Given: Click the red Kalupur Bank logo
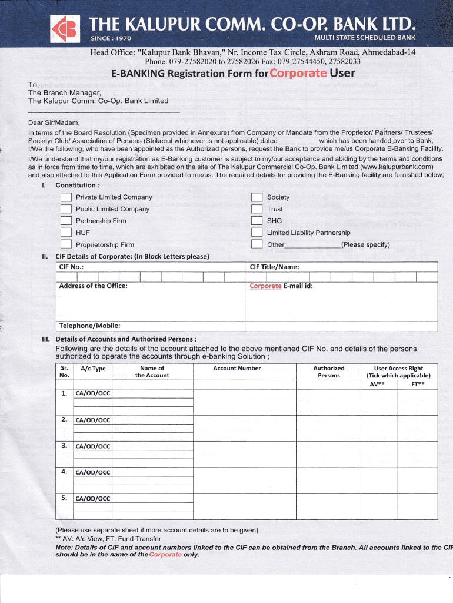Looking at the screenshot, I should [x=64, y=29].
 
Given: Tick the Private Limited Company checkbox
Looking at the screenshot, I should [x=66, y=197].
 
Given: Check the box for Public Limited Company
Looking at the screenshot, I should [x=66, y=209].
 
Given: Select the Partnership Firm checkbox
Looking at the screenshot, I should [x=66, y=221].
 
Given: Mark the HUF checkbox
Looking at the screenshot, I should [x=66, y=233].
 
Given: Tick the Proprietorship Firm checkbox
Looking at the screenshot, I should [x=66, y=245].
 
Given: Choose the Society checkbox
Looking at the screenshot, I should [x=257, y=197].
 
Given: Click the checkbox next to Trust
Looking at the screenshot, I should [x=257, y=209].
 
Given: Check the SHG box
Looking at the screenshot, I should [x=257, y=221].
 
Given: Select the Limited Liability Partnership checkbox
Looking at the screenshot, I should [x=257, y=233].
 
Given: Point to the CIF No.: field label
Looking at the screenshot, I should [x=71, y=267].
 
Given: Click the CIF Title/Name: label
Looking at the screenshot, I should [x=274, y=267].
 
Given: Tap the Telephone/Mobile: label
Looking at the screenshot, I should [x=89, y=326].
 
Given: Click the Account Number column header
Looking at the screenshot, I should [x=237, y=369].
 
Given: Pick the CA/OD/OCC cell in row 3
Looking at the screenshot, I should [x=93, y=446].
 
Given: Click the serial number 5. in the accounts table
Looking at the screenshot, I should [x=65, y=498].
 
